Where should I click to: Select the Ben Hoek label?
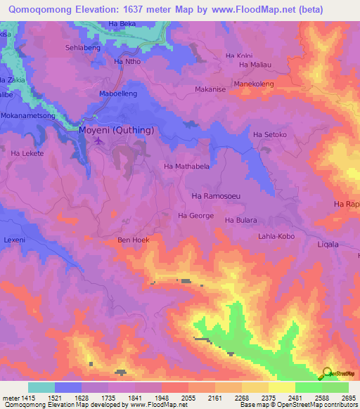pyautogui.click(x=133, y=240)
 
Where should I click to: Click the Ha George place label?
pyautogui.click(x=195, y=216)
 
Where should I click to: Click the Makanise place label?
pyautogui.click(x=209, y=90)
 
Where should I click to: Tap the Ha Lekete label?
pyautogui.click(x=27, y=153)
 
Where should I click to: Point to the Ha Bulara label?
pyautogui.click(x=240, y=220)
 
